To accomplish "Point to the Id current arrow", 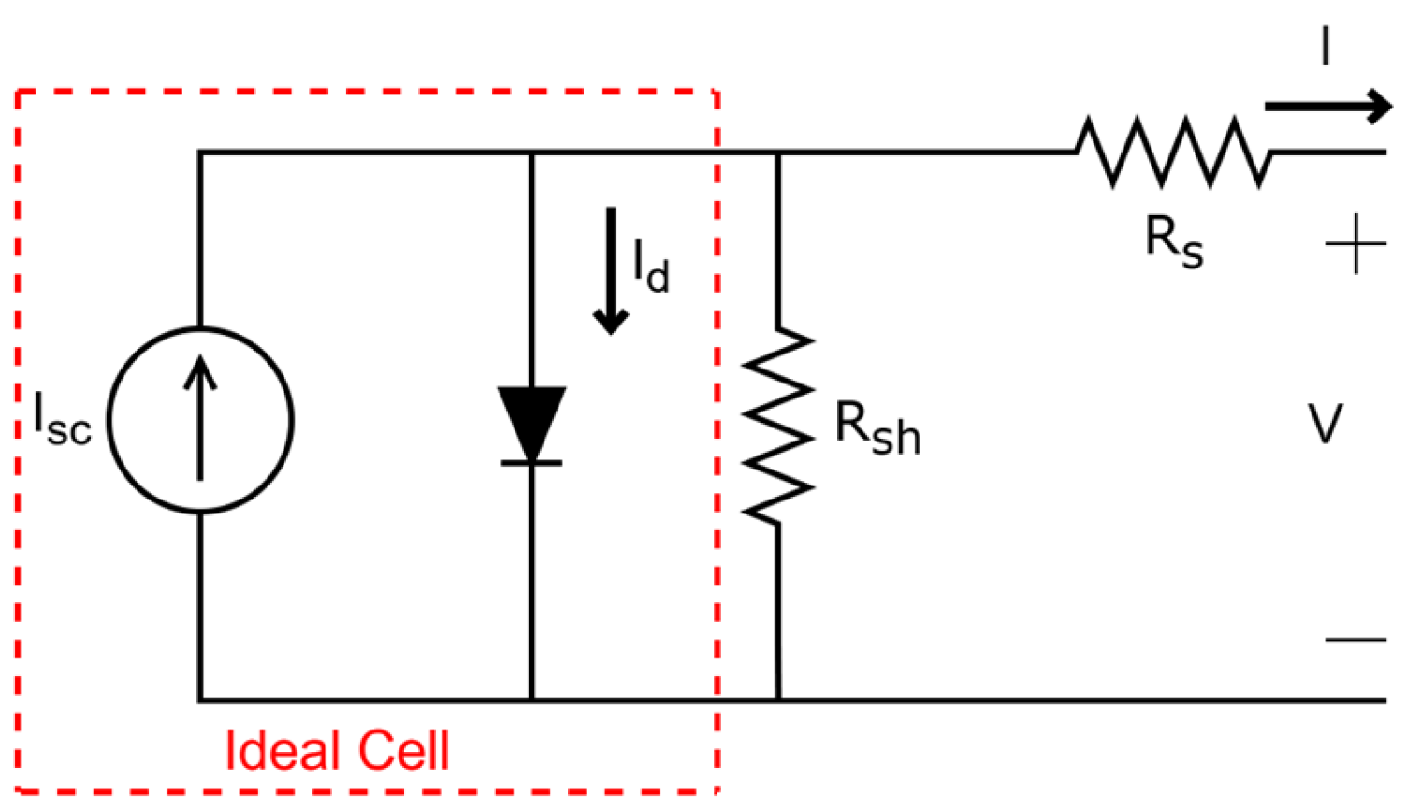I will [611, 271].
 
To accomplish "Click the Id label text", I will [651, 268].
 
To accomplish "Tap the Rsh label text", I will [877, 428].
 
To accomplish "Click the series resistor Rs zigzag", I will [1173, 152].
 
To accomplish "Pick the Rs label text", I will [1174, 240].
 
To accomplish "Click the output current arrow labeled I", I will [1328, 106].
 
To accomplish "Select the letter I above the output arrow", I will [1326, 46].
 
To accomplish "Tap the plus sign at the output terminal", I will [1355, 244].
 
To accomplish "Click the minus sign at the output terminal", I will [1355, 640].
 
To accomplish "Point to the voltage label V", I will [1326, 424].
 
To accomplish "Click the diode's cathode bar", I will [531, 462].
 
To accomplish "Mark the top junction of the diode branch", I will [531, 152].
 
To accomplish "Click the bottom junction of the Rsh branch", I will [778, 699].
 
